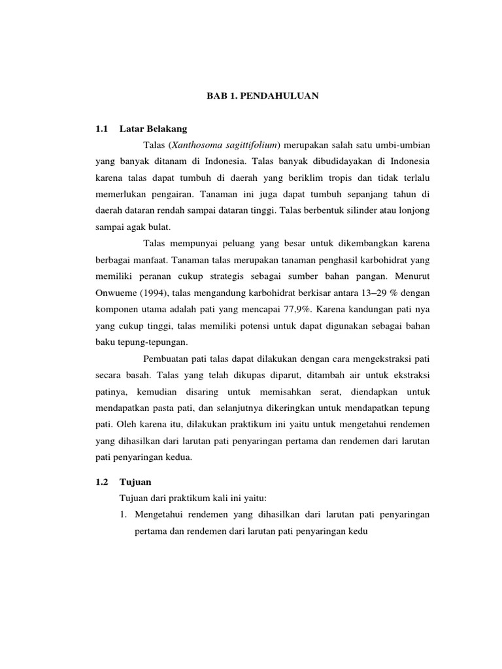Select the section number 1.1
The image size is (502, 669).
tap(101, 129)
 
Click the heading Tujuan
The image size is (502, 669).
tap(136, 481)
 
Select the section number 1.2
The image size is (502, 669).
tap(101, 481)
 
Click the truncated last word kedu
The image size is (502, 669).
tap(358, 532)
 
